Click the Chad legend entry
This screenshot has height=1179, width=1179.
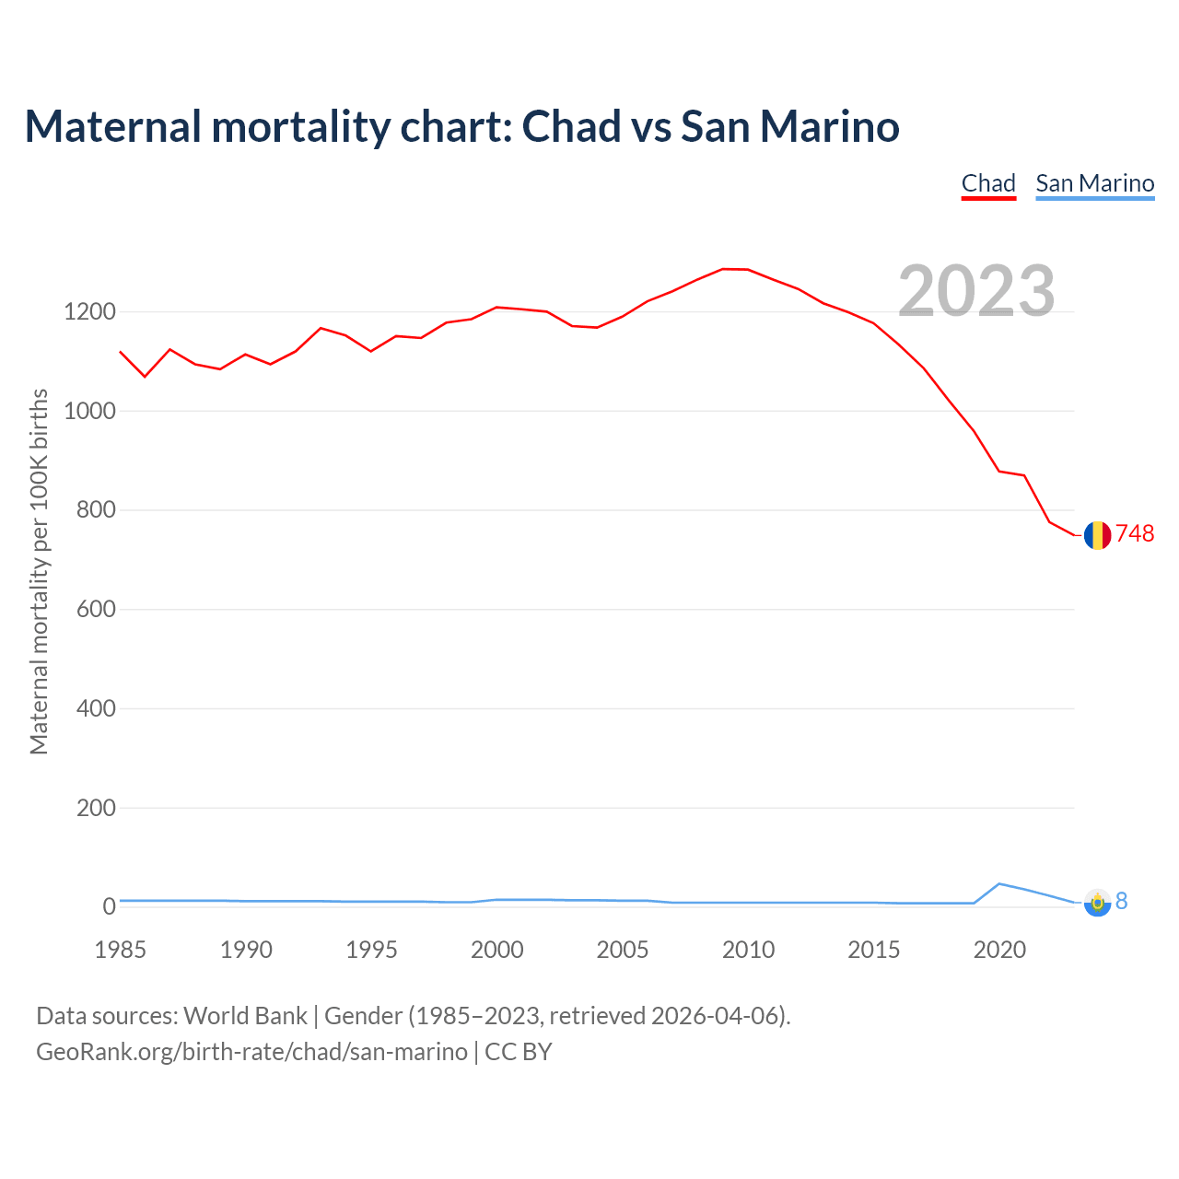click(988, 183)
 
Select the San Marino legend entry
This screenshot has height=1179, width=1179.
click(1094, 183)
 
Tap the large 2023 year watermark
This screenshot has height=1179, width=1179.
click(976, 290)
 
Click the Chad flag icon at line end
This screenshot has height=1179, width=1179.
click(1097, 535)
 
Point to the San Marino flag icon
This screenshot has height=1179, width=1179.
click(1097, 903)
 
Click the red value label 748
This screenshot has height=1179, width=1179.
click(1135, 534)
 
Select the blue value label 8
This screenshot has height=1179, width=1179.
click(1122, 902)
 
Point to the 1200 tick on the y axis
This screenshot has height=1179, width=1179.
click(89, 312)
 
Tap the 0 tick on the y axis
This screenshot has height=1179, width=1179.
click(110, 907)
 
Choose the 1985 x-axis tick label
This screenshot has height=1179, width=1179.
click(121, 950)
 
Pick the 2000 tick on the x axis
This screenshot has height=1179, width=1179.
click(497, 950)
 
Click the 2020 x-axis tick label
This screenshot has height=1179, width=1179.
click(999, 950)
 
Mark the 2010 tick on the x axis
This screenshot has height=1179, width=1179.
click(748, 950)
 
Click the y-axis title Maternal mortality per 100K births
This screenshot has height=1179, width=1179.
click(39, 571)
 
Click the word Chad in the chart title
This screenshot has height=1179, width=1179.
click(572, 126)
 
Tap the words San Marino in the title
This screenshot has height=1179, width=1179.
click(790, 126)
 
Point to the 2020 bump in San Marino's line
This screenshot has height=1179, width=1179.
click(999, 884)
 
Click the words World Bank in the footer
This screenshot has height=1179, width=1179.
click(245, 1016)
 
